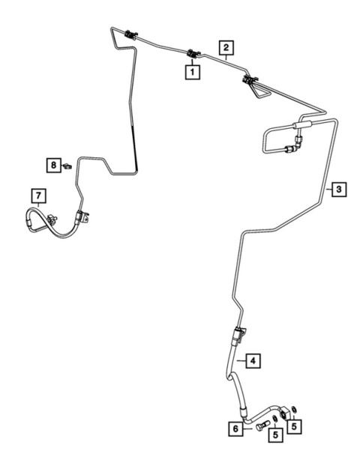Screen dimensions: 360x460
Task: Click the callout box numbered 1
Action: click(192, 72)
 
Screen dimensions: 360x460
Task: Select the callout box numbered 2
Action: click(226, 47)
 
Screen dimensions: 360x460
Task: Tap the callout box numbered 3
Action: click(339, 190)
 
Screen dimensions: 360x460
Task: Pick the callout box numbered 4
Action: click(253, 360)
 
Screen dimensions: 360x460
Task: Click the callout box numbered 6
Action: click(236, 429)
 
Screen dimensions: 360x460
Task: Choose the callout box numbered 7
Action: click(39, 196)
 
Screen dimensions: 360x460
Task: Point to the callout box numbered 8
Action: click(54, 165)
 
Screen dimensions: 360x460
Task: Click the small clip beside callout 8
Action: click(67, 166)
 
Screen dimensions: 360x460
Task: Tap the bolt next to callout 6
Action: click(262, 426)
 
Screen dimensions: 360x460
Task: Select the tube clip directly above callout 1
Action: click(193, 54)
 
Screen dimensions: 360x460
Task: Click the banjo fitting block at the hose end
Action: click(285, 413)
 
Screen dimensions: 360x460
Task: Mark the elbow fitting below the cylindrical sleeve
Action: click(295, 145)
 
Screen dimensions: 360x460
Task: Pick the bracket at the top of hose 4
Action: click(239, 334)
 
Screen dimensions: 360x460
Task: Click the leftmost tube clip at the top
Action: click(130, 35)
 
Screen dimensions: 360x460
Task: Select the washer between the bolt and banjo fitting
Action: click(274, 420)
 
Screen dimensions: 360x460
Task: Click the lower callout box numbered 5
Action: click(275, 435)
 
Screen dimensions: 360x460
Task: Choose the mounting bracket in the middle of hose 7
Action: click(52, 220)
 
